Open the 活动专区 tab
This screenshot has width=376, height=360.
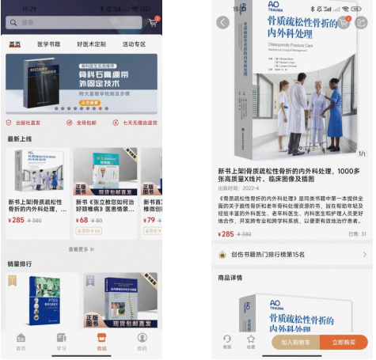coord(133,44)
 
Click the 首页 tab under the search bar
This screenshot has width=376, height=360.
coord(15,44)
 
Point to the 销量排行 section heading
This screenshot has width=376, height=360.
coord(21,264)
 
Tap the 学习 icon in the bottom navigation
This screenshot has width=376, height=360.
coord(61,342)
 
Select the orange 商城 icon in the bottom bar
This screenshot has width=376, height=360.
coord(101,342)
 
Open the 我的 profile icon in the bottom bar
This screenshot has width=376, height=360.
coord(142,342)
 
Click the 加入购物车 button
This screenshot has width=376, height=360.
coord(296,343)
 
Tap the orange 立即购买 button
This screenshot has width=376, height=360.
coord(343,343)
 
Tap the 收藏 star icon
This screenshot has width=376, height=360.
coord(250,341)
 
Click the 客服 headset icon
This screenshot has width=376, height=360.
coord(227,341)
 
